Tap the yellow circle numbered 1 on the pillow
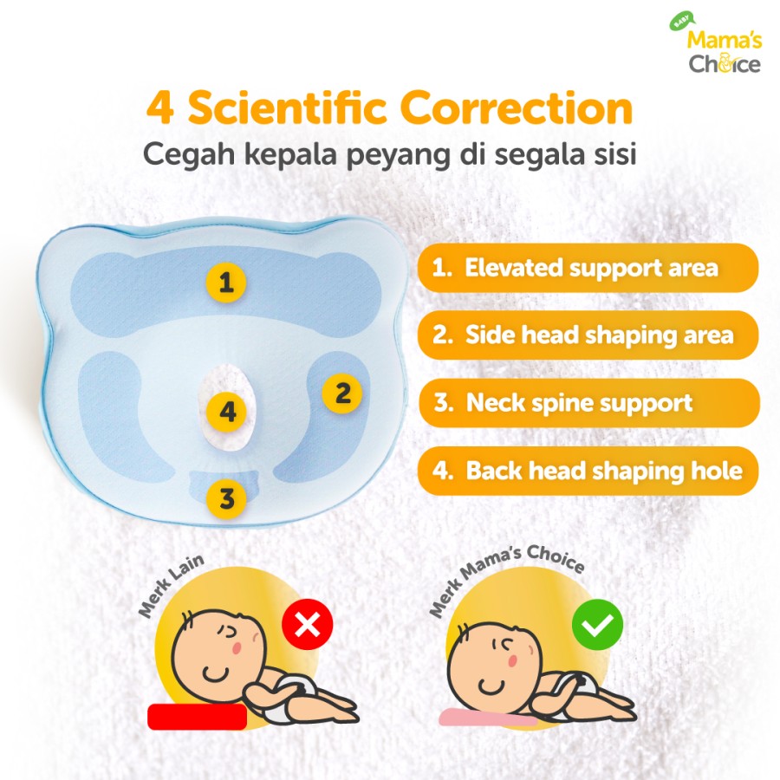(226, 283)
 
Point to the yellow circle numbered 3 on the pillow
(227, 499)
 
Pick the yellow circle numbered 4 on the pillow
(227, 412)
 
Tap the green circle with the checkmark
(596, 624)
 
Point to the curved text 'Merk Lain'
(172, 586)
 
